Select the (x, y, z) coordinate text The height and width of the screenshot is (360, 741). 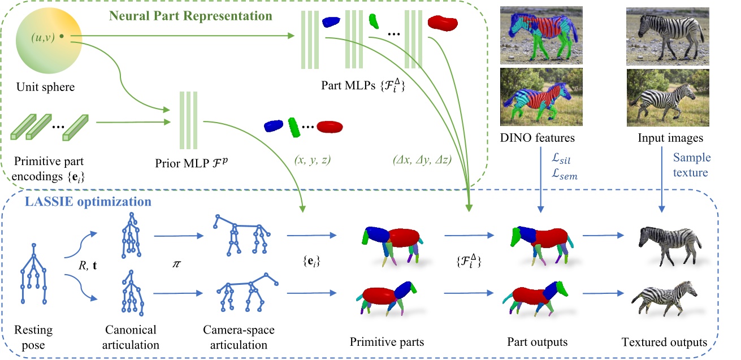[311, 160]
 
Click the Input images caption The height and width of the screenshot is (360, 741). [664, 137]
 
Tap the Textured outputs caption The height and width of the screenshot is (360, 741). [664, 342]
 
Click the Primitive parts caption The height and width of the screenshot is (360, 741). [387, 342]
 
